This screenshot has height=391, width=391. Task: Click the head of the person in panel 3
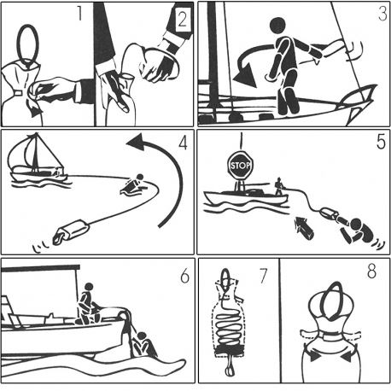click(x=278, y=29)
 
